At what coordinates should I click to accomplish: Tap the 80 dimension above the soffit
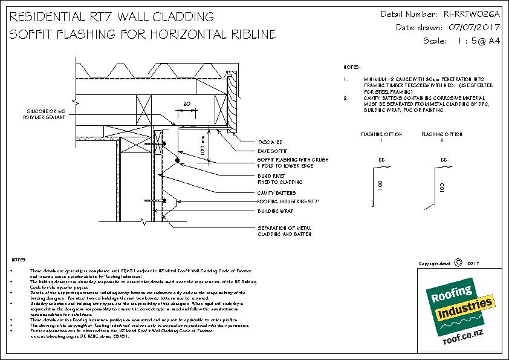click(x=187, y=105)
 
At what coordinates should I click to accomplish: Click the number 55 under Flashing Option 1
click(x=382, y=160)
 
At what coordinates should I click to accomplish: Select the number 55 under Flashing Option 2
click(x=444, y=160)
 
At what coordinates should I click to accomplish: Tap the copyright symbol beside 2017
click(x=458, y=263)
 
